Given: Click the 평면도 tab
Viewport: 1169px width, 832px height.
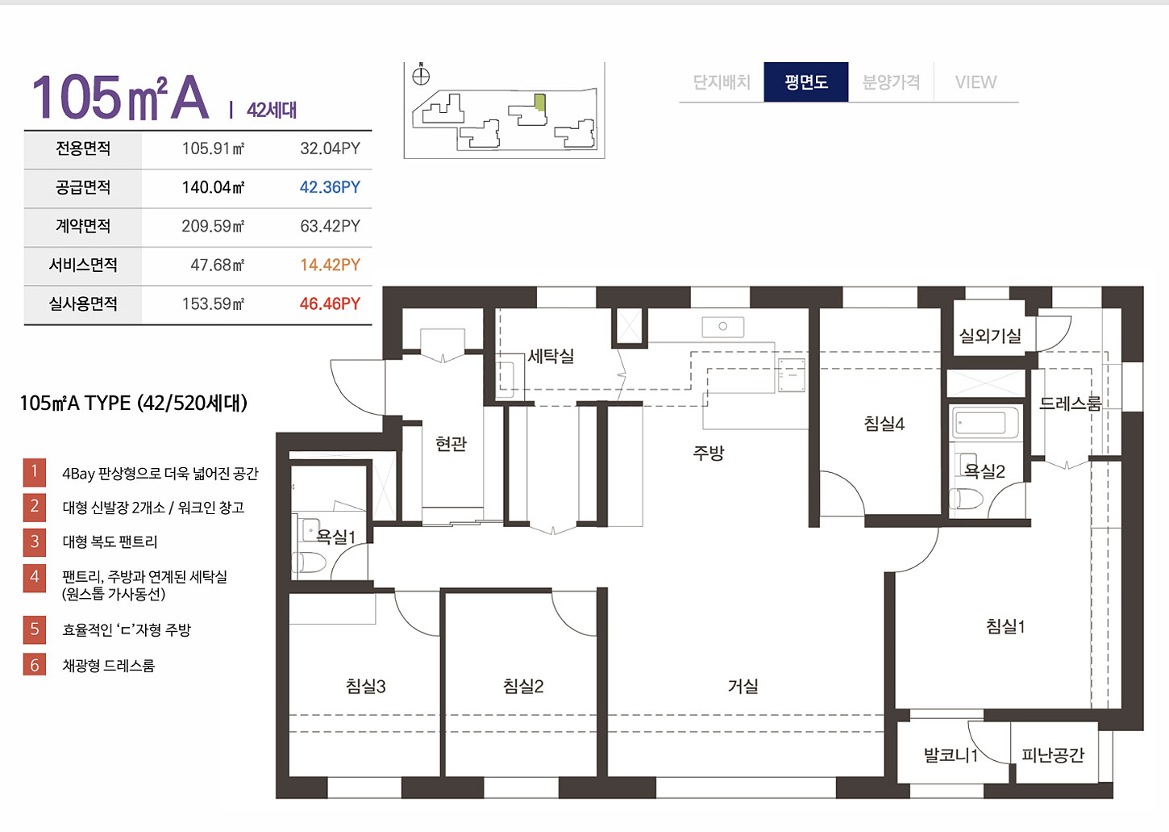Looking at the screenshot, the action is click(x=805, y=82).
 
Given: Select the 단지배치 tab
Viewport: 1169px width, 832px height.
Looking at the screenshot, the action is click(x=722, y=82).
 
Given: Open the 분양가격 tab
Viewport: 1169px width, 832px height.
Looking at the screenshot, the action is click(x=891, y=82).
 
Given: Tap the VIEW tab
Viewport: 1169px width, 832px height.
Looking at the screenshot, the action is click(x=976, y=82).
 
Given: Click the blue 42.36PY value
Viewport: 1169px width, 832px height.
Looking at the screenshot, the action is click(x=330, y=187).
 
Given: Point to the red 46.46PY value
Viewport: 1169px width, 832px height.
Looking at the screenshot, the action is click(x=330, y=303).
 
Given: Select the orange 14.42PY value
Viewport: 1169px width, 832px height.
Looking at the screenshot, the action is click(x=330, y=265).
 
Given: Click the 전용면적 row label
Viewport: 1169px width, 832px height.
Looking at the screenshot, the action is click(x=83, y=148).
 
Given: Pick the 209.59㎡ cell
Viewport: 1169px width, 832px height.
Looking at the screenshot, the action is click(x=213, y=226).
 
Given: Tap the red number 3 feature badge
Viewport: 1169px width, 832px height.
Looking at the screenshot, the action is click(x=35, y=541).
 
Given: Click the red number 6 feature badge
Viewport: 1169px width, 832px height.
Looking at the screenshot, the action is click(x=35, y=665).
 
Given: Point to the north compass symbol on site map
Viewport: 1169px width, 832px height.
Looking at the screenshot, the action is click(x=421, y=76).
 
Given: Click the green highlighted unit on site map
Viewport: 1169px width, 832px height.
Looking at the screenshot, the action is click(x=541, y=102).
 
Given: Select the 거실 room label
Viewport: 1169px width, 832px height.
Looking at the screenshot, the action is click(x=743, y=686).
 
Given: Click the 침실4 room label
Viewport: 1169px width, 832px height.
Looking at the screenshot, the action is click(x=884, y=424).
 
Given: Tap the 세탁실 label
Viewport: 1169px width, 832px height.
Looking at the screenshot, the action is click(x=551, y=356).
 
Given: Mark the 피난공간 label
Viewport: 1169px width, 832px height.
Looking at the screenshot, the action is click(x=1053, y=755).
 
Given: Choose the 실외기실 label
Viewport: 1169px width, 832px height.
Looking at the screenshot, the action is click(x=990, y=336).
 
